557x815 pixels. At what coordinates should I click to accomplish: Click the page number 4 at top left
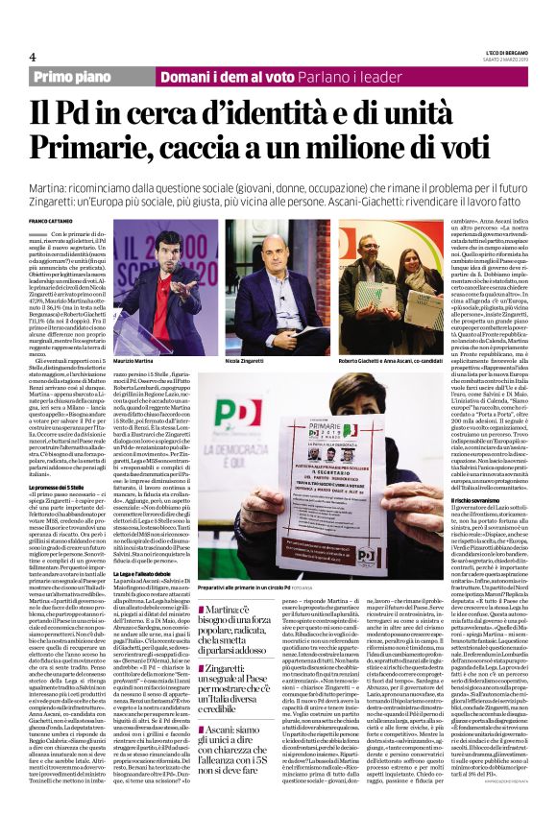[34, 55]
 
